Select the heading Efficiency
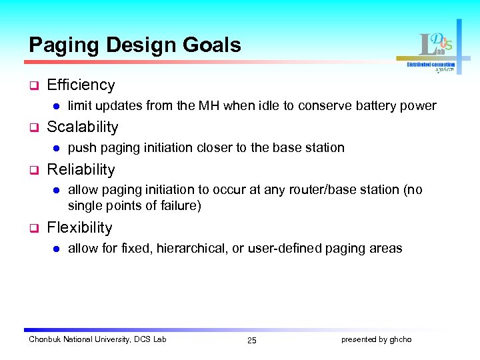(81, 85)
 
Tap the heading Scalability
(83, 127)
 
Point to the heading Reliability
(81, 169)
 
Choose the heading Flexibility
(79, 227)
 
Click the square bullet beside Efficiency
(32, 85)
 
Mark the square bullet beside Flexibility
(32, 228)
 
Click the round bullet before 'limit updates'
(57, 106)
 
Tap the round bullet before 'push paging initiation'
(57, 148)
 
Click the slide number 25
(251, 341)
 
